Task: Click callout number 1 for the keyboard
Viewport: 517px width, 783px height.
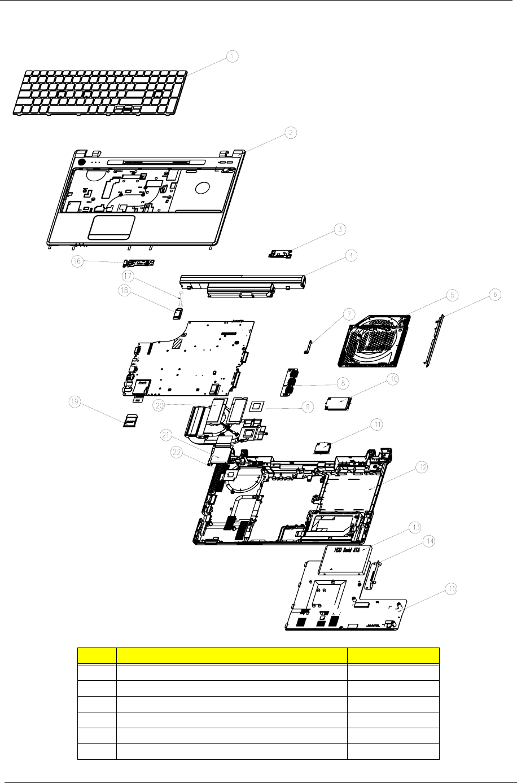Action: [x=233, y=56]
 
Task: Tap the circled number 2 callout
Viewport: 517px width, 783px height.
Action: [x=289, y=133]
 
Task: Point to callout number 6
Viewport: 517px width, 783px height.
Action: [x=494, y=295]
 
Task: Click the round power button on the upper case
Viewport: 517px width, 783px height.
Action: [x=81, y=162]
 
